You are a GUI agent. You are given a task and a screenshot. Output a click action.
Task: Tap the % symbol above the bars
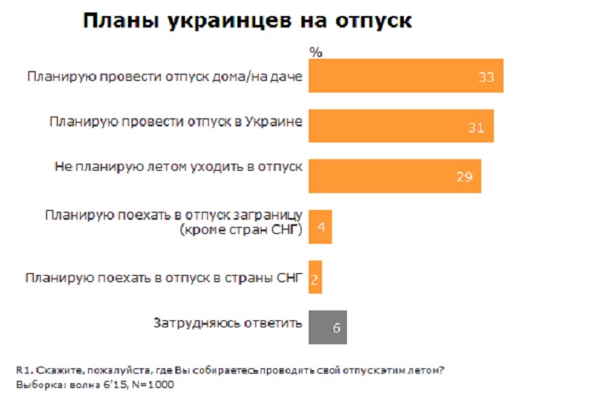click(315, 52)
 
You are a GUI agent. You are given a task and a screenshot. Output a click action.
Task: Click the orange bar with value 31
click(401, 126)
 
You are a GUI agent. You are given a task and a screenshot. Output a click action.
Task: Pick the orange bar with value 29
click(395, 176)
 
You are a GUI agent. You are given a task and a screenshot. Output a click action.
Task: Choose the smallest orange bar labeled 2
click(316, 278)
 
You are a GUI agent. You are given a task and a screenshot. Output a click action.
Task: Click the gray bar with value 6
click(327, 326)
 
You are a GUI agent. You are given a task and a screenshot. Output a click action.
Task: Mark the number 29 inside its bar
click(463, 177)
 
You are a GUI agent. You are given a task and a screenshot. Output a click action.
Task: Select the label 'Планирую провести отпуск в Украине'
click(176, 120)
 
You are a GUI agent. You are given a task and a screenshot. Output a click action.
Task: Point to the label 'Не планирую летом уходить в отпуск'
click(175, 165)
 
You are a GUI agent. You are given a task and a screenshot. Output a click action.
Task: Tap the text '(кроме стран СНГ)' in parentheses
click(241, 231)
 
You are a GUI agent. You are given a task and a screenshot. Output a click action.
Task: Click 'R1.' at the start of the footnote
click(23, 370)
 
